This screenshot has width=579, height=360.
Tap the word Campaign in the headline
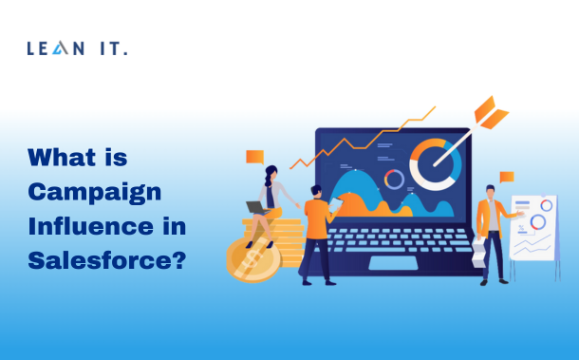(94, 193)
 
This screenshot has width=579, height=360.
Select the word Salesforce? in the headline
(106, 259)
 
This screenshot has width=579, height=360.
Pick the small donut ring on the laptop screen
(394, 180)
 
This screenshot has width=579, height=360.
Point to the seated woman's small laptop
(255, 207)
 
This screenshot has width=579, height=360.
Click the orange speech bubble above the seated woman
(254, 157)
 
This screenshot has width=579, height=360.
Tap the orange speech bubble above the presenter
(506, 178)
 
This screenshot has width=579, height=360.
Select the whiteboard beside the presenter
(532, 228)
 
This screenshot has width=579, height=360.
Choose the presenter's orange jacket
(490, 221)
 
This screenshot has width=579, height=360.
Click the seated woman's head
(271, 173)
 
